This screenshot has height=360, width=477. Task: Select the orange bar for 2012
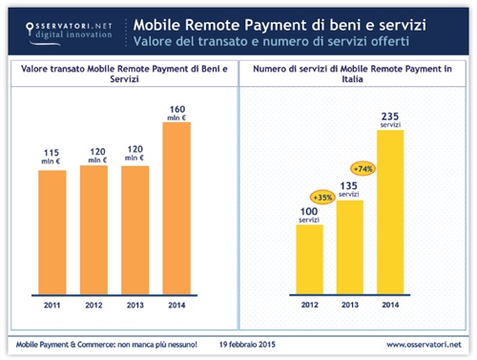(x=96, y=229)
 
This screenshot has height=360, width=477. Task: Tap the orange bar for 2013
(x=136, y=229)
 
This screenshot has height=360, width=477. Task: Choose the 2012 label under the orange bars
(x=96, y=307)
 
